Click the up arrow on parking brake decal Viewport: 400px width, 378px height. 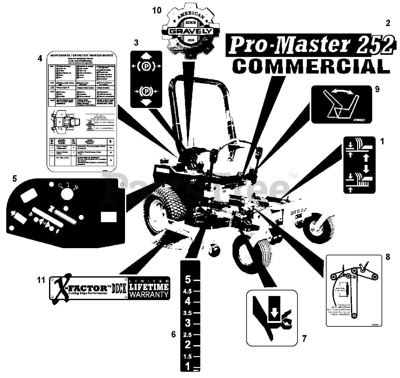tap(146, 56)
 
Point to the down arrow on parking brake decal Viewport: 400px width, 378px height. tap(146, 102)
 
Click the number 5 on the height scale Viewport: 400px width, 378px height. tap(187, 279)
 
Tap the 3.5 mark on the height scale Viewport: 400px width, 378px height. tap(187, 313)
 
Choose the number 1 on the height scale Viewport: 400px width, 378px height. tap(187, 366)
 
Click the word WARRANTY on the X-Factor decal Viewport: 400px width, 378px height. tap(149, 294)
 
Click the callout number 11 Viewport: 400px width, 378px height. tap(41, 280)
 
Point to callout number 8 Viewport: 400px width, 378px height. tap(387, 257)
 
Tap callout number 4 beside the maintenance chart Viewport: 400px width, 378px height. tap(40, 59)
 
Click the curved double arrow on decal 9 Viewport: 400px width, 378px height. tap(343, 92)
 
